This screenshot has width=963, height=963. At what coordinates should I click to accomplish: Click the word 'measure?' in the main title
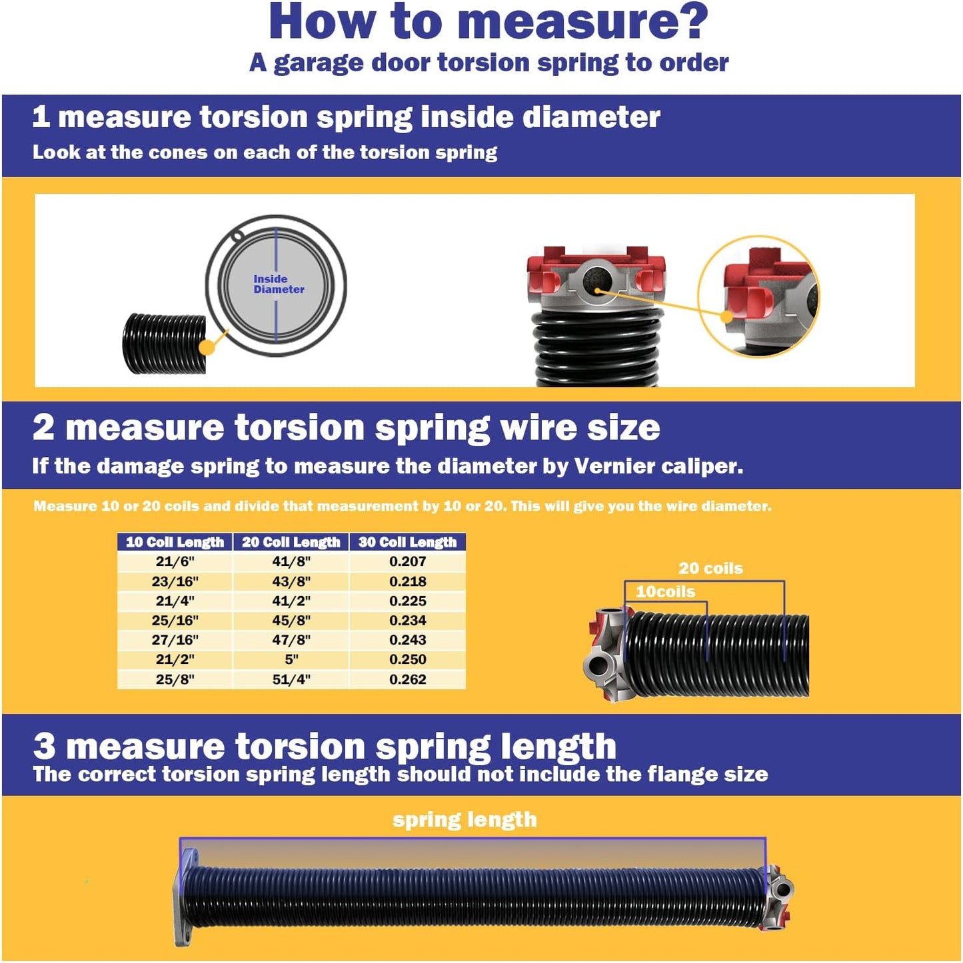[583, 22]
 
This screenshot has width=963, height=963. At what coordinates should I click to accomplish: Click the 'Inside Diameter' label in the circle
[278, 284]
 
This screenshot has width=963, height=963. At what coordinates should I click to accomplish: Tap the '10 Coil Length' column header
[175, 542]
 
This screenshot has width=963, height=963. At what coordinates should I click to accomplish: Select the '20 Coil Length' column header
[291, 542]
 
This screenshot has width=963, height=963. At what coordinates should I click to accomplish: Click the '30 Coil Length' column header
[407, 542]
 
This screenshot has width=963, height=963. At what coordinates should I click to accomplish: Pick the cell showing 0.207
[407, 561]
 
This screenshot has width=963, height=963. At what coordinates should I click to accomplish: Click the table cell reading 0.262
[407, 679]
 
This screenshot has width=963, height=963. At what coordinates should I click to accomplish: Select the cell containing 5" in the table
[291, 659]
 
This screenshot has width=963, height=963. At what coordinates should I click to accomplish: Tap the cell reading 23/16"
[175, 581]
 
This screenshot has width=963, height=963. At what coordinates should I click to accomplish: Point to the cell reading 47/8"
[291, 640]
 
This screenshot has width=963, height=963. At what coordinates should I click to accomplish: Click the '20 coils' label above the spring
[710, 568]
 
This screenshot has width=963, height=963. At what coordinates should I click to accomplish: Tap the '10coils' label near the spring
[665, 591]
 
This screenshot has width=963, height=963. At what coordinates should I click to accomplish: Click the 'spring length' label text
[465, 819]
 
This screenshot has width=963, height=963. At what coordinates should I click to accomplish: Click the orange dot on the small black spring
[207, 348]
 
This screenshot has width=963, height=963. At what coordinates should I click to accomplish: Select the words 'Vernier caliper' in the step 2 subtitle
[657, 466]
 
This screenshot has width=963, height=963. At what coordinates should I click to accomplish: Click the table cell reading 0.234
[407, 620]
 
